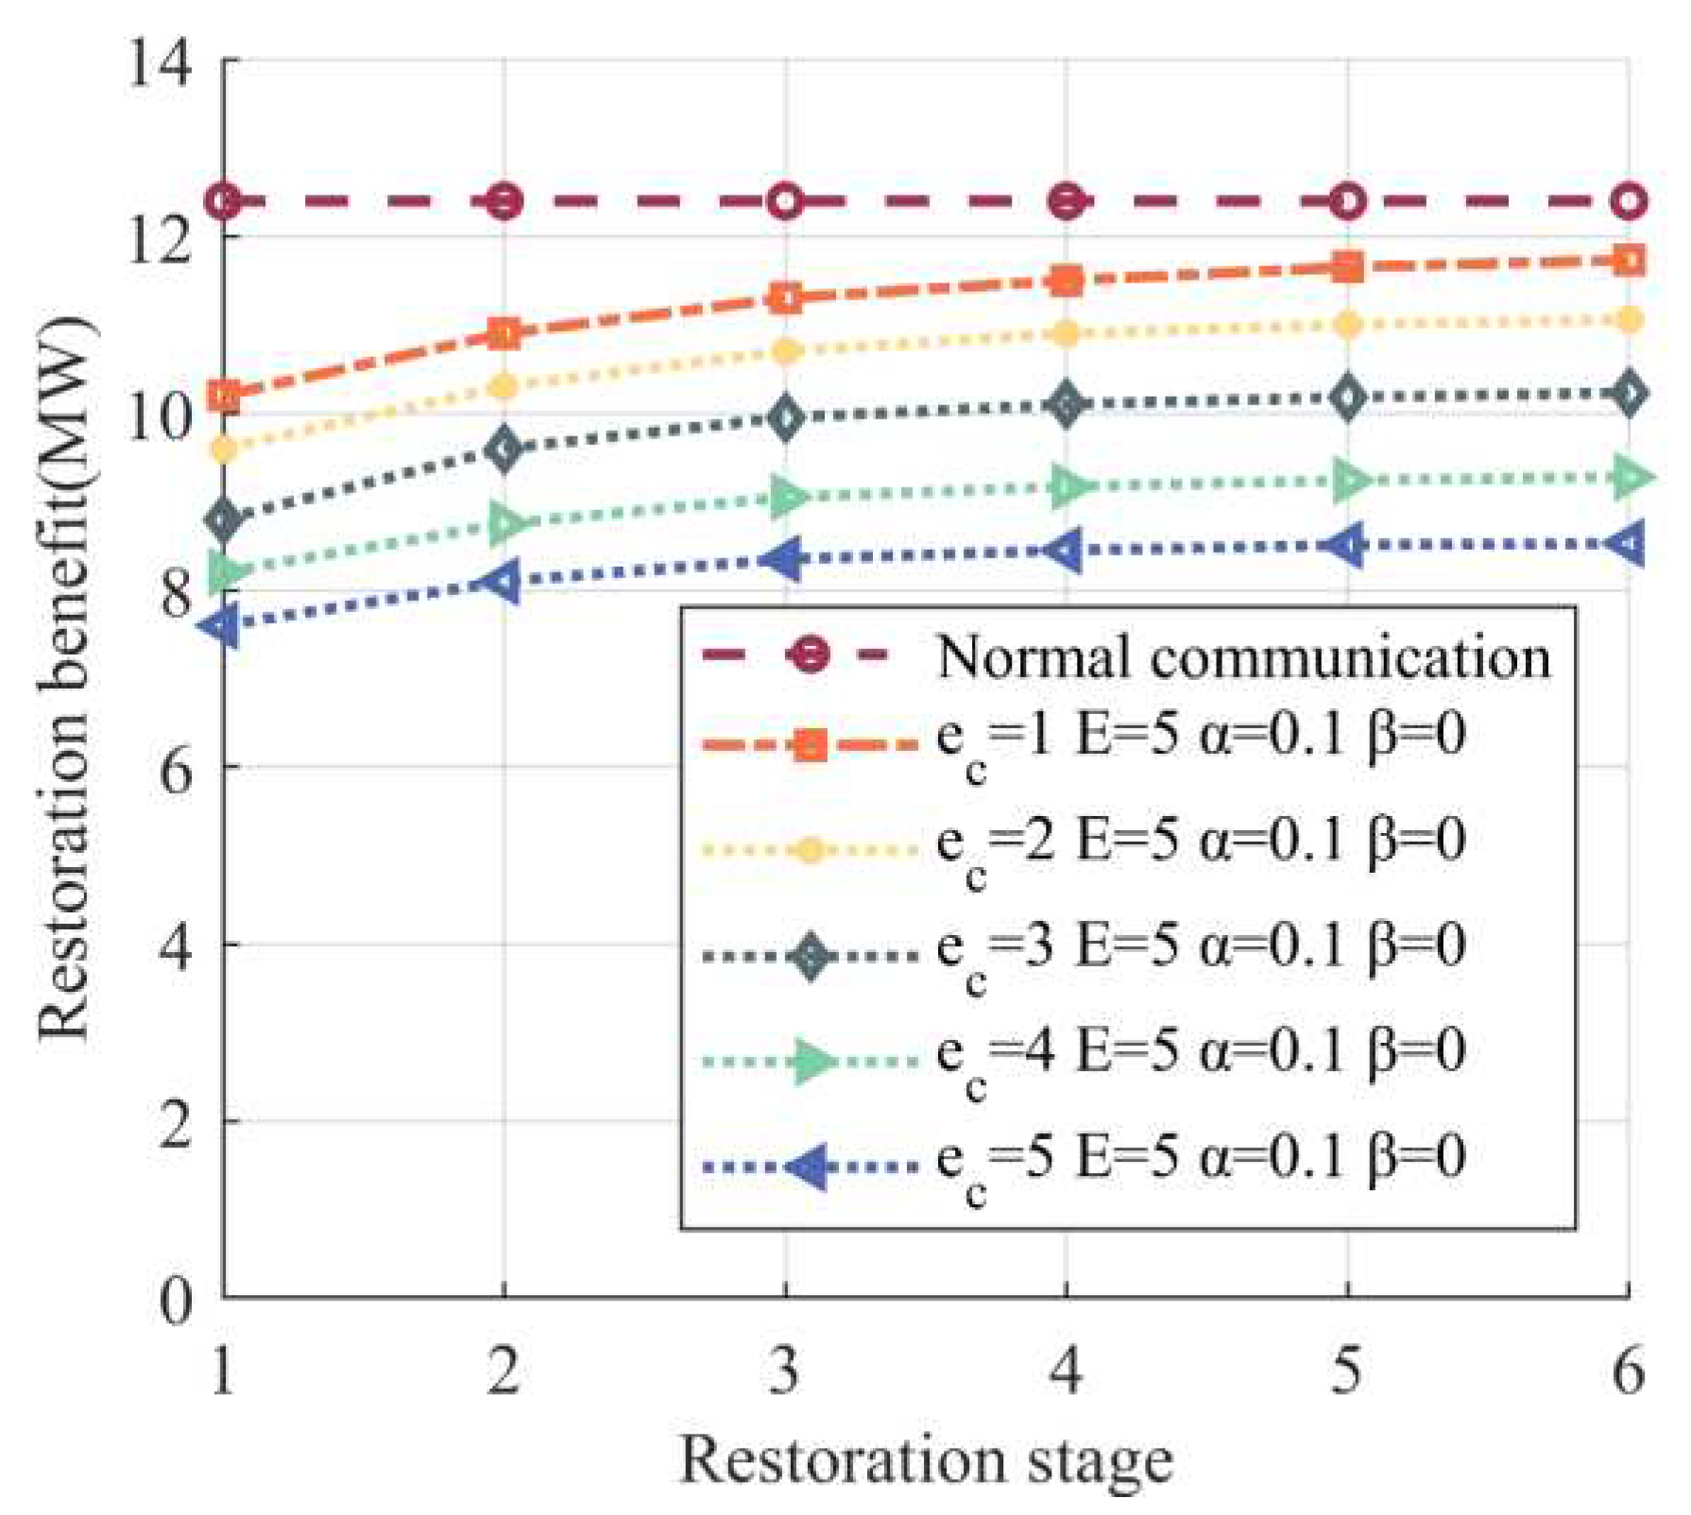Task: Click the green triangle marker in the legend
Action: tap(811, 1062)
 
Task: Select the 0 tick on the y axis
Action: tap(176, 1301)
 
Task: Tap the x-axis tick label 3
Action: tap(785, 1370)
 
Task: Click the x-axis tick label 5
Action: tap(1346, 1370)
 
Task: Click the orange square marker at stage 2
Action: tap(504, 332)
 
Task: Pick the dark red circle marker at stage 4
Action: tap(1067, 201)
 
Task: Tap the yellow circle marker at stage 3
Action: tap(785, 351)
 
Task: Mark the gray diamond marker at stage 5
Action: tap(1347, 397)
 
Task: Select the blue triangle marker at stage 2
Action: tap(503, 582)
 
